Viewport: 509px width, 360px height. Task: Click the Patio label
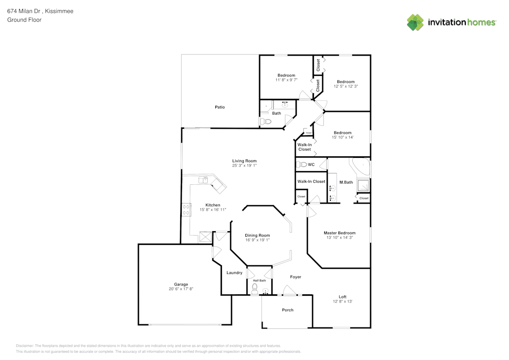(219, 107)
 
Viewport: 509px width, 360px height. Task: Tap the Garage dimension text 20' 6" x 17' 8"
(181, 289)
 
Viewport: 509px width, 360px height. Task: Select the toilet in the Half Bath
(255, 288)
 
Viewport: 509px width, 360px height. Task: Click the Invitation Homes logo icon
(415, 22)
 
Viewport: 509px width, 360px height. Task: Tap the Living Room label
(244, 160)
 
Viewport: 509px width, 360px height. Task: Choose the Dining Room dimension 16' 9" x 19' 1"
(258, 240)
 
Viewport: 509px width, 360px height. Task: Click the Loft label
(343, 297)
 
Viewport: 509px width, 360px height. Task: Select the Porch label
(288, 310)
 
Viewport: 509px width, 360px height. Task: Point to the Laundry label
(234, 273)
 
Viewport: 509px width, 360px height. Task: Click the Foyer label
(296, 277)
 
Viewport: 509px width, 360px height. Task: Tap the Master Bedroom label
(340, 233)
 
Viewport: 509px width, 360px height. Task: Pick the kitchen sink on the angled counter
(203, 179)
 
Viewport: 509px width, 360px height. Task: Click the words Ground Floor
(24, 20)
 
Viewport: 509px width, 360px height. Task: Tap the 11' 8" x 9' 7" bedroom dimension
(286, 80)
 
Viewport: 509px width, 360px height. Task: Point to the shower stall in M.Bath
(363, 185)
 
